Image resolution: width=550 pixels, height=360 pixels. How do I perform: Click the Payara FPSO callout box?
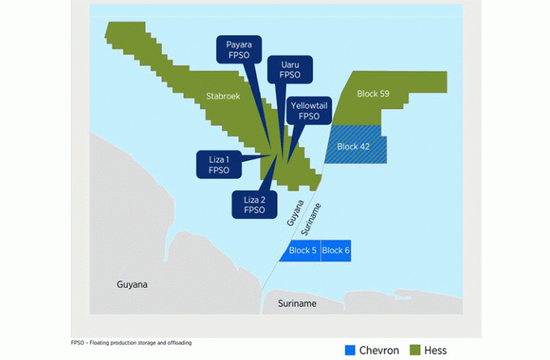239,49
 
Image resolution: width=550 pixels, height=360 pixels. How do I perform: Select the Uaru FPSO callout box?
290,69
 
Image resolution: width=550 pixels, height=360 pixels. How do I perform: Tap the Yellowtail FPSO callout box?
309,110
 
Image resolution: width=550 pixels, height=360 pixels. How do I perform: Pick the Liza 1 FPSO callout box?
219,165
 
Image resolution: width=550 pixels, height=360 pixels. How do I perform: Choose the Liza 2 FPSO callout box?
254,205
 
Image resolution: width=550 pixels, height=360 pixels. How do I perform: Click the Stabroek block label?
223,96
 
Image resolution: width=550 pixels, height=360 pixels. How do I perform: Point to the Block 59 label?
373,94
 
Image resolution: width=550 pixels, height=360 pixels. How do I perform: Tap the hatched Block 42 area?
356,144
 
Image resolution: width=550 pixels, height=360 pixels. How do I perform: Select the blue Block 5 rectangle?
300,250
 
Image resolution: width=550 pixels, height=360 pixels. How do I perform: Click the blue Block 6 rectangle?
336,250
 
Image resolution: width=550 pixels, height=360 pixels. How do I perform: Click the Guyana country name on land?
132,284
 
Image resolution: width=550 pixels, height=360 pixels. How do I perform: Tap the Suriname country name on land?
297,303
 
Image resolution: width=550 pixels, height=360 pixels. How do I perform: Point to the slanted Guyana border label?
295,213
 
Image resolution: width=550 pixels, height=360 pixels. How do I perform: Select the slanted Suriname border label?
311,219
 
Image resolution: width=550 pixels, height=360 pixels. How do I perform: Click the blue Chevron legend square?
350,350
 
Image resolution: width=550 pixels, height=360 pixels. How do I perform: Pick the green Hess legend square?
415,350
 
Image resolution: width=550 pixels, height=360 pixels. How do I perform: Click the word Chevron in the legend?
379,350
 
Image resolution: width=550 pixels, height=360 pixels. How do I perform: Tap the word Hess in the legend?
435,350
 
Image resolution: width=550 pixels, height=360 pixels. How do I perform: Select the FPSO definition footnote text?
131,343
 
